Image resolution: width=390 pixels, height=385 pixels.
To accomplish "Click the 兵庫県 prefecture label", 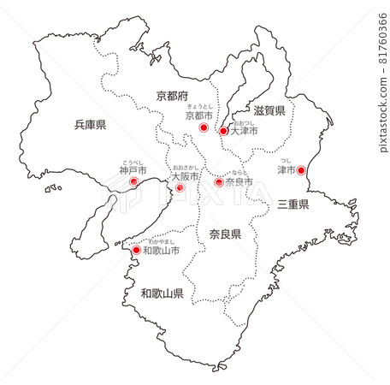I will pos(90,125).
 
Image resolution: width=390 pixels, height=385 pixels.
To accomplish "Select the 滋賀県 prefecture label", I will pos(269,110).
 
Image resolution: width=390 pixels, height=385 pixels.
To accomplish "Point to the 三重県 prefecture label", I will pos(294,204).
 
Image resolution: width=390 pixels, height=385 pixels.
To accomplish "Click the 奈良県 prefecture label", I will pos(225,234).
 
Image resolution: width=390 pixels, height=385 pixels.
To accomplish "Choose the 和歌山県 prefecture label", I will pos(162,293).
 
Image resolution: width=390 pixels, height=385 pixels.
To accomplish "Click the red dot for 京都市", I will pos(204,127).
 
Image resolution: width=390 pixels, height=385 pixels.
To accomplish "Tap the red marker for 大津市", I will pos(222,132).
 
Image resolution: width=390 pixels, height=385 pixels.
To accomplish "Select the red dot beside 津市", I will pos(300,170).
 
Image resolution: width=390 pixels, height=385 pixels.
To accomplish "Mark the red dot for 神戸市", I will pos(133,182).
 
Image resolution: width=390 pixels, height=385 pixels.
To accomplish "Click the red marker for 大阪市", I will pos(180,187).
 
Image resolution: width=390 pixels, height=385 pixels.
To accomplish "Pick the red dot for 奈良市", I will pos(218,182).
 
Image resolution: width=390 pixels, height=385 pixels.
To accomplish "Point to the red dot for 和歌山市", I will pos(135,251).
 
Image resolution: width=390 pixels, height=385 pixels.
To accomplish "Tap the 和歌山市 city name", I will pos(162,252).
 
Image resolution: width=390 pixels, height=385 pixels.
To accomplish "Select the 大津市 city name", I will pos(244,131).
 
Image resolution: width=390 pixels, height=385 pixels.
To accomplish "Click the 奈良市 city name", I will pos(239,182).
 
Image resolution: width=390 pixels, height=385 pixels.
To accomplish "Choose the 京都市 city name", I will pos(199,115).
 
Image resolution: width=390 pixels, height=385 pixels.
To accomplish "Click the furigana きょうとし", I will pos(199,105).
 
